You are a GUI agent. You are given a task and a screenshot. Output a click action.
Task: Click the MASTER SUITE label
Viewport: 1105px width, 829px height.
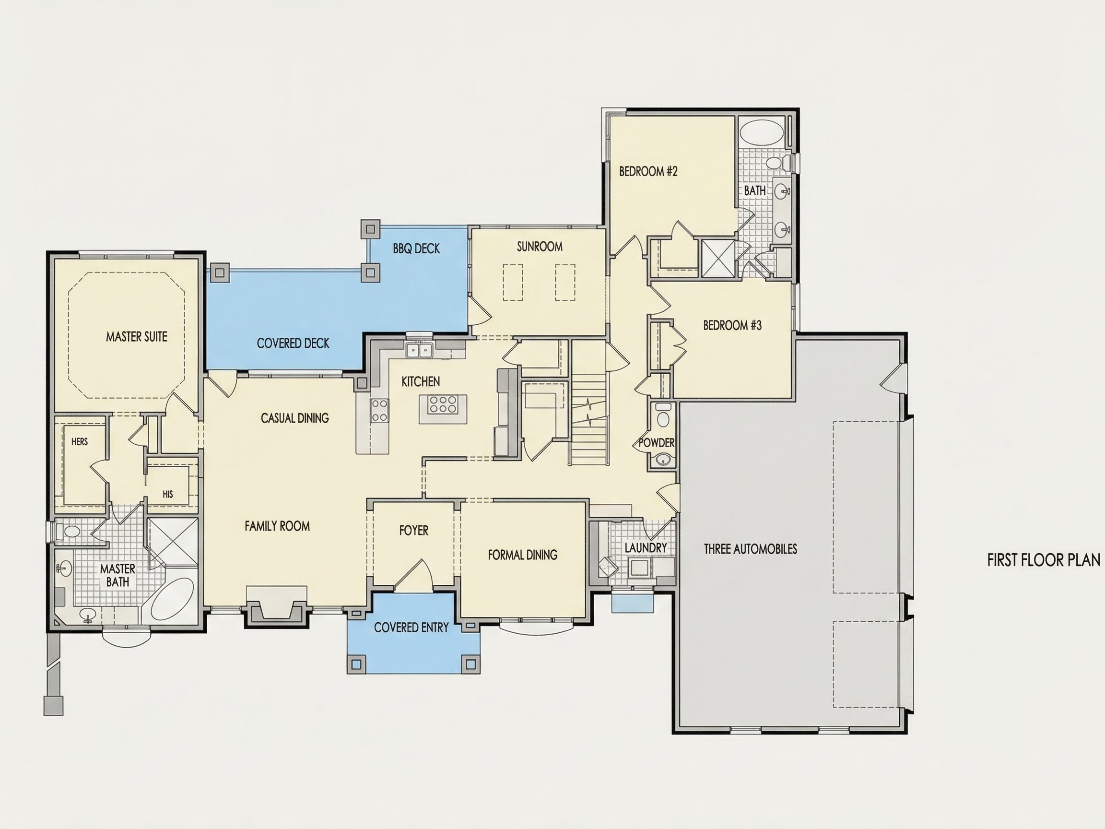(136, 337)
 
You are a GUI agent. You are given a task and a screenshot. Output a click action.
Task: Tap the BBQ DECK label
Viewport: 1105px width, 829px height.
(416, 249)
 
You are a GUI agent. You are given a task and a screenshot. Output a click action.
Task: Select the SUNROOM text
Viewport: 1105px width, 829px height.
(540, 247)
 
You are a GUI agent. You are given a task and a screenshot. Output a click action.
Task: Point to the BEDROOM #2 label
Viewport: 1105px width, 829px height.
(648, 171)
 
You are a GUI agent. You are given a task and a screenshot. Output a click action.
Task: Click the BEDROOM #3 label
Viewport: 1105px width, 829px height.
(732, 325)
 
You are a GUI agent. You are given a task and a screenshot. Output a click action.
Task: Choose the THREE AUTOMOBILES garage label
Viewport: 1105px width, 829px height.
(750, 549)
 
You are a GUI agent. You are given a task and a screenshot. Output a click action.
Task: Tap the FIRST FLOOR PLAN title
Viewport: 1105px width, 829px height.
(1044, 560)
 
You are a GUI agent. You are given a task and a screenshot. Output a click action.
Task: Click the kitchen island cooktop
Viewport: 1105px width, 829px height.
(443, 404)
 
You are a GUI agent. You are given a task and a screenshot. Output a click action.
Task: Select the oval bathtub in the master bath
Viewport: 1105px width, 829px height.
(171, 600)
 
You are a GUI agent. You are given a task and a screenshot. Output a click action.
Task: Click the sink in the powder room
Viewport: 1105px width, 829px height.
(663, 459)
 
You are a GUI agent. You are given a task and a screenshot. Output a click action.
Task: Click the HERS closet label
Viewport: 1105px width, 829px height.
(80, 442)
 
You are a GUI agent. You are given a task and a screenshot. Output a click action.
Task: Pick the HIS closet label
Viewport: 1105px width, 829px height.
(168, 494)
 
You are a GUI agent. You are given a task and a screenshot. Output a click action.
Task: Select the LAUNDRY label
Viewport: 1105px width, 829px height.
(646, 548)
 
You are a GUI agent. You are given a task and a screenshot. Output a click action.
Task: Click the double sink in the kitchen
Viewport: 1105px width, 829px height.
(419, 350)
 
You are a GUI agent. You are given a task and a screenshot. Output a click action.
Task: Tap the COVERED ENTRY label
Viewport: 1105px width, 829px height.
(411, 628)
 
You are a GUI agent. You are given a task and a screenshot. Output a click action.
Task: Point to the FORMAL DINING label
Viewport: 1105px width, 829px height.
(523, 555)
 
